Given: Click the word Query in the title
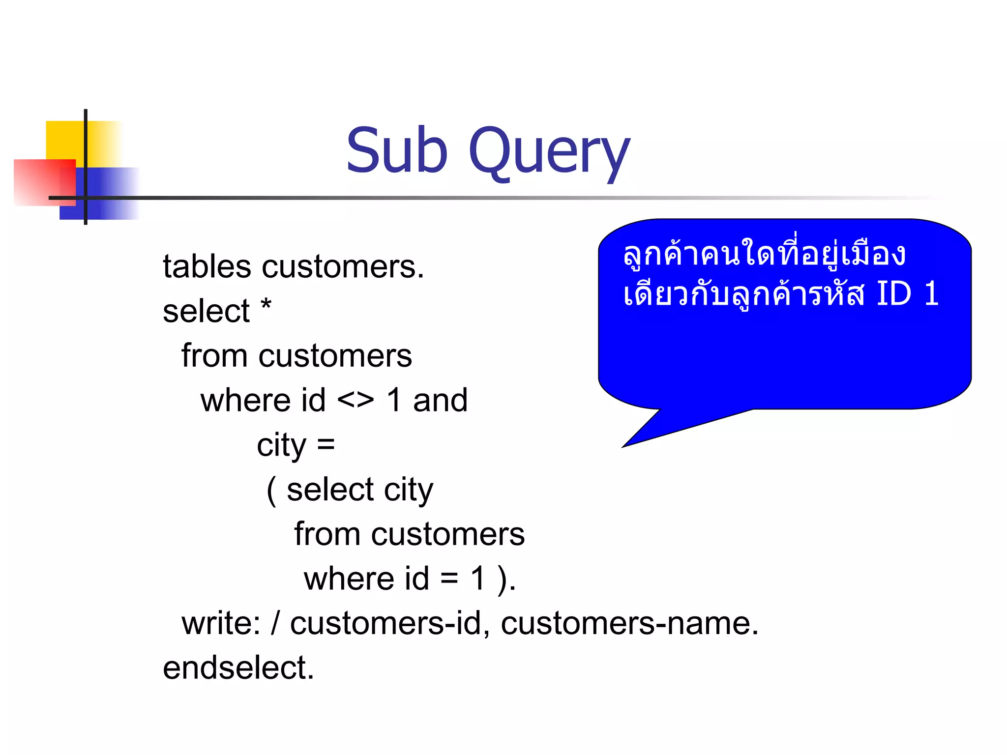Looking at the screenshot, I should pyautogui.click(x=549, y=152).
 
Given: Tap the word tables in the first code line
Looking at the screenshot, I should pyautogui.click(x=207, y=267).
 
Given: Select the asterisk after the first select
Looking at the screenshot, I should pyautogui.click(x=266, y=306).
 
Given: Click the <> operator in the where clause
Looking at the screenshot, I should pyautogui.click(x=355, y=400).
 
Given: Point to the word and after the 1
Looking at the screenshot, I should pyautogui.click(x=440, y=400).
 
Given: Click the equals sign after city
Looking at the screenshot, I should pyautogui.click(x=326, y=445).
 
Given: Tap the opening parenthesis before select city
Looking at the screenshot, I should pyautogui.click(x=271, y=491).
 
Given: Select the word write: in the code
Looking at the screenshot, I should pyautogui.click(x=221, y=623).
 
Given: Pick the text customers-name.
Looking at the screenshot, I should pyautogui.click(x=629, y=623).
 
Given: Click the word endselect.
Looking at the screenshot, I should pyautogui.click(x=238, y=668).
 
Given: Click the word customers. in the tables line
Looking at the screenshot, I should pyautogui.click(x=343, y=267).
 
